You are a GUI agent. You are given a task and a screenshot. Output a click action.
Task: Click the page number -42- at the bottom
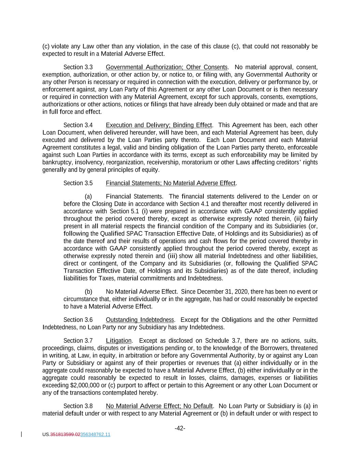pyautogui.click(x=180, y=428)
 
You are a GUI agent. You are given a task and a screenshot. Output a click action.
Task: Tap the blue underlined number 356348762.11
pyautogui.click(x=95, y=435)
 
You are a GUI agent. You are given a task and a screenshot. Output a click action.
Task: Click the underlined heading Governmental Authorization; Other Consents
pyautogui.click(x=167, y=67)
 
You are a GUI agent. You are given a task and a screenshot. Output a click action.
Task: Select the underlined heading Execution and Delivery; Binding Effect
pyautogui.click(x=159, y=125)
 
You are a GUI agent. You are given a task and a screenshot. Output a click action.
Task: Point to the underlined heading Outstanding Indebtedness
pyautogui.click(x=140, y=320)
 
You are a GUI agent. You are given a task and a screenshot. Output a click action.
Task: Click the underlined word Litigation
pyautogui.click(x=118, y=341)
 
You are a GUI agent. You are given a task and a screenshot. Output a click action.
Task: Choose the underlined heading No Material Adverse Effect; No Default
pyautogui.click(x=159, y=406)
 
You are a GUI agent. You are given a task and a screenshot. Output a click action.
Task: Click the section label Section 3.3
pyautogui.click(x=78, y=67)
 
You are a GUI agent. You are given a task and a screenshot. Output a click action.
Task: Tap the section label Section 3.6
pyautogui.click(x=78, y=320)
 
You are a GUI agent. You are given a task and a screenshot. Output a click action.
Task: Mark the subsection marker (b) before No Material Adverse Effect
pyautogui.click(x=88, y=292)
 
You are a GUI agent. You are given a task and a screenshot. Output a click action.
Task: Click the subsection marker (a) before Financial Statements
pyautogui.click(x=88, y=197)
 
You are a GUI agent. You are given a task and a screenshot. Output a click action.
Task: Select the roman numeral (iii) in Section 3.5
pyautogui.click(x=172, y=256)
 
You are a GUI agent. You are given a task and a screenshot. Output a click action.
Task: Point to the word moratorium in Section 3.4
pyautogui.click(x=197, y=163)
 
